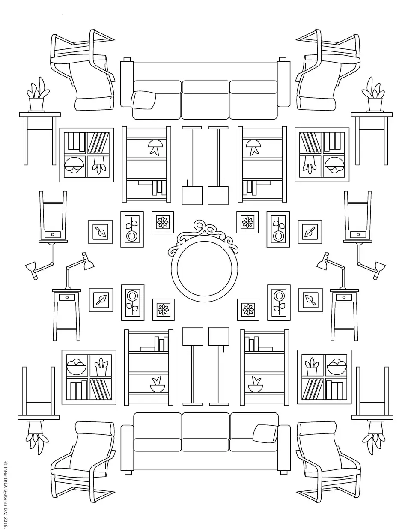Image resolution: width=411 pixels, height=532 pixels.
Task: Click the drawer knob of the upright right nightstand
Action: [x=344, y=297]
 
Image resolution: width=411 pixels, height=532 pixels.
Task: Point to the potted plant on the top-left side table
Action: [x=37, y=95]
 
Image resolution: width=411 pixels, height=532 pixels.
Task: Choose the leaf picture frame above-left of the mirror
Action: [x=101, y=232]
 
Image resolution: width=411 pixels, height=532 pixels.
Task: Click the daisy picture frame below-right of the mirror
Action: [x=248, y=310]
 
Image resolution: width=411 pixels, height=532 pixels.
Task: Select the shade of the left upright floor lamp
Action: [x=193, y=336]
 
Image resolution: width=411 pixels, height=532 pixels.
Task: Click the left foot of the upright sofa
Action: [x=128, y=472]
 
